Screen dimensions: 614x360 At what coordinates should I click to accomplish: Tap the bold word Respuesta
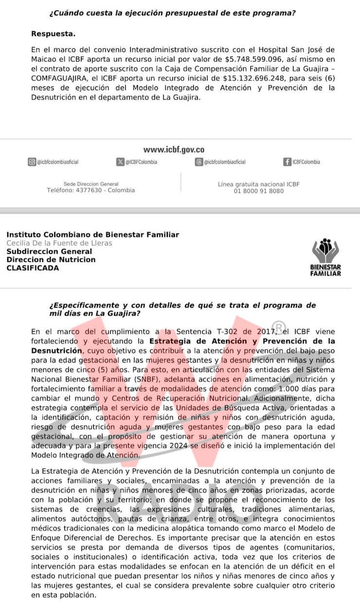click(54, 34)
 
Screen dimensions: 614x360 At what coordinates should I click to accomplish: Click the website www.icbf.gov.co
click(173, 149)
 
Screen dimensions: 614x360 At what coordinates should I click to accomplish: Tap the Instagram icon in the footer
click(32, 162)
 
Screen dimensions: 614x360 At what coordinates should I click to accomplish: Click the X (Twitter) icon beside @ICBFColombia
click(120, 162)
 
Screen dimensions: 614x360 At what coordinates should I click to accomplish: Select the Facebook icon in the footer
click(287, 162)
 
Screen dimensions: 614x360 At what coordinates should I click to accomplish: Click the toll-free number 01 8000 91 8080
click(259, 192)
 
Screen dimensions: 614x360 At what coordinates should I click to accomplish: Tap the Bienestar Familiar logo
click(326, 257)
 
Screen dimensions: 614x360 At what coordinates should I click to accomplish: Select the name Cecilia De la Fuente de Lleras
click(59, 243)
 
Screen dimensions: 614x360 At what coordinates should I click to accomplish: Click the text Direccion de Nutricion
click(51, 260)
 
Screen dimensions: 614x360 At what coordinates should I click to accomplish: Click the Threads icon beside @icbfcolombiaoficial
click(199, 162)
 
